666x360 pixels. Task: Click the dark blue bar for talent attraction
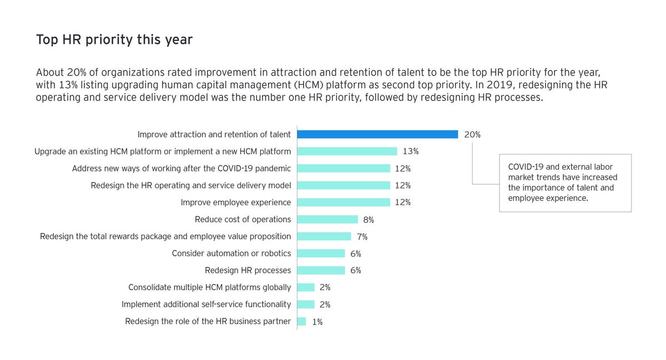377,134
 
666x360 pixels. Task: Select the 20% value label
472,135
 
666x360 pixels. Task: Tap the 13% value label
411,151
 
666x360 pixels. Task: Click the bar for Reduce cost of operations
327,220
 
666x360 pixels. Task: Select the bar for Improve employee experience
344,202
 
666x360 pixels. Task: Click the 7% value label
362,237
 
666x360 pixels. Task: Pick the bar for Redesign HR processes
321,271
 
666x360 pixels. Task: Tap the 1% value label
317,322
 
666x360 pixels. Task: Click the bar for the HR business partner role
301,322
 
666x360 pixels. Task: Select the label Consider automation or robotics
231,253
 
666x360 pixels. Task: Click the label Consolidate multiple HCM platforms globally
209,287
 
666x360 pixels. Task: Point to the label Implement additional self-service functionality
206,305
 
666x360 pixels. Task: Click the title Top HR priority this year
114,40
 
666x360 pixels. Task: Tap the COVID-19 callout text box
565,182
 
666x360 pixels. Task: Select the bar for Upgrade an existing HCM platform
347,151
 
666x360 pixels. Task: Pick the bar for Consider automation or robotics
321,253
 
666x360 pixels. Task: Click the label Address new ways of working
181,169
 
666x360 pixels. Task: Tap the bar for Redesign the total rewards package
324,237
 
